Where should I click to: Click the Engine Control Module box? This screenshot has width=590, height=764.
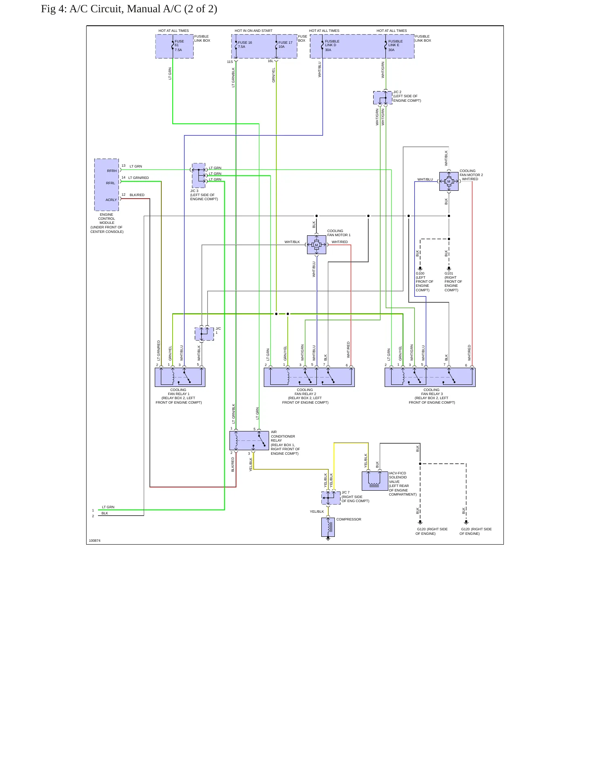107,185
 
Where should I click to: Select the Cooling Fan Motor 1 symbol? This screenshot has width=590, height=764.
316,245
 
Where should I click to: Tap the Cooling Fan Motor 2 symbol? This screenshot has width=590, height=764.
449,181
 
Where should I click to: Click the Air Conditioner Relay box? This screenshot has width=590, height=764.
249,440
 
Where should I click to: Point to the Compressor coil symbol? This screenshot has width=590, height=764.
328,527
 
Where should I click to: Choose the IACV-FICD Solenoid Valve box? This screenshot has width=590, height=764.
375,481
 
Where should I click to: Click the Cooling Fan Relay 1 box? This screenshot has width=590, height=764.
180,377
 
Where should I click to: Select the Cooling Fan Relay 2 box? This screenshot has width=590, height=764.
309,377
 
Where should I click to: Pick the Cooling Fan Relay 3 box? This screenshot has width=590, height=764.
430,377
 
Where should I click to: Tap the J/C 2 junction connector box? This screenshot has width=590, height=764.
383,98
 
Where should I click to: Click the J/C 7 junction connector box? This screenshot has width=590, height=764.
331,498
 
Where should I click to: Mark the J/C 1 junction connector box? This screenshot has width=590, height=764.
204,334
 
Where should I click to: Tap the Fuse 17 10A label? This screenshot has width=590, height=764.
285,45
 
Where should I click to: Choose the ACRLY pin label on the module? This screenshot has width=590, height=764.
111,200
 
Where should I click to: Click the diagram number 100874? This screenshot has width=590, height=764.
95,541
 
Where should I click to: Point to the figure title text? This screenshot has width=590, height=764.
129,9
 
